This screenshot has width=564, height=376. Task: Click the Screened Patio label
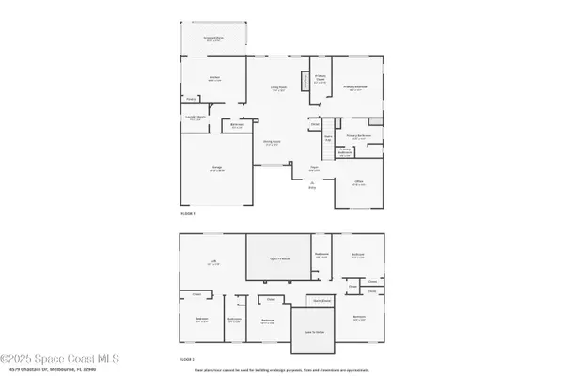(x=212, y=39)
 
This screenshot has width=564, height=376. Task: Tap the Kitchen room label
(x=213, y=79)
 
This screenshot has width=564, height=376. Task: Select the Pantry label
(x=190, y=98)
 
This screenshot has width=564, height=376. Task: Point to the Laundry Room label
(x=196, y=118)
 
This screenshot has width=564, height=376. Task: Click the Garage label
(x=217, y=169)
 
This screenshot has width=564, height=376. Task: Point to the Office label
(x=358, y=182)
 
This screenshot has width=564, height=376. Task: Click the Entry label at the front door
(x=312, y=185)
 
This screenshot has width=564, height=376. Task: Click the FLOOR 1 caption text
(x=187, y=214)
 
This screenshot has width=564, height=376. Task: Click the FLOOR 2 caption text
(x=187, y=359)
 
